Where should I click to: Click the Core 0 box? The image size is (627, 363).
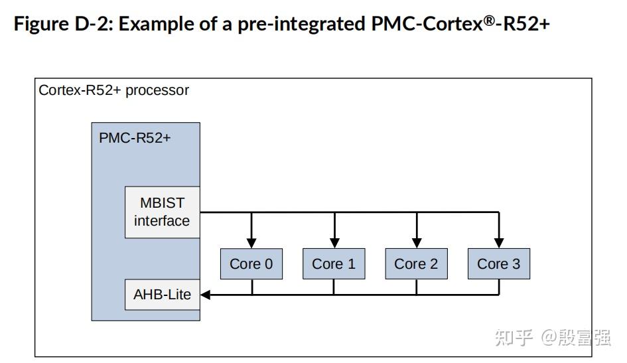pyautogui.click(x=251, y=263)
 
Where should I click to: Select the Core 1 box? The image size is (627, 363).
pyautogui.click(x=334, y=263)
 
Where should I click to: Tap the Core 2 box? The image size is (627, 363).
pyautogui.click(x=416, y=263)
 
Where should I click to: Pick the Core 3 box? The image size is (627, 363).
pyautogui.click(x=498, y=263)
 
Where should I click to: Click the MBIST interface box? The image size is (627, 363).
pyautogui.click(x=162, y=212)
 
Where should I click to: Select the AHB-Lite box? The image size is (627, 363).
pyautogui.click(x=162, y=295)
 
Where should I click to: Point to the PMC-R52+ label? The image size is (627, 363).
pyautogui.click(x=135, y=138)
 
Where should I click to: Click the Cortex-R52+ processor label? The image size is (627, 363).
pyautogui.click(x=113, y=90)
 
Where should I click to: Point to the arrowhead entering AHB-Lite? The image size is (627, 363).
pyautogui.click(x=206, y=295)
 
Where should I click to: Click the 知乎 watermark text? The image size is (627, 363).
pyautogui.click(x=514, y=338)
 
